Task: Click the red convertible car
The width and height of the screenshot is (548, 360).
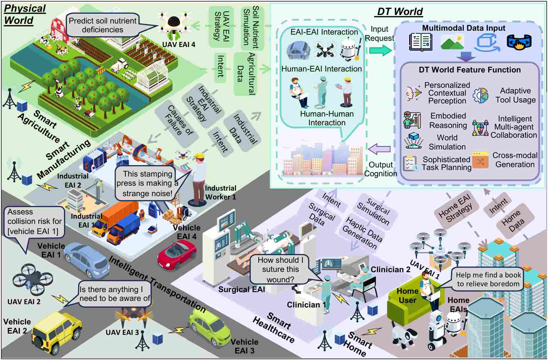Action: click(x=177, y=254)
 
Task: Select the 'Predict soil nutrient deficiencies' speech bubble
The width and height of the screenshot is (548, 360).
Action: click(x=103, y=25)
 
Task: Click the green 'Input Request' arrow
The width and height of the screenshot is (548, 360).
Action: click(x=380, y=50)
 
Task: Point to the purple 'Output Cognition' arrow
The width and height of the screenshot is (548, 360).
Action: click(x=379, y=149)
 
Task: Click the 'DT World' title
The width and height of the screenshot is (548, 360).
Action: click(x=400, y=12)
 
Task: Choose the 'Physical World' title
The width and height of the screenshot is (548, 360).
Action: click(x=24, y=14)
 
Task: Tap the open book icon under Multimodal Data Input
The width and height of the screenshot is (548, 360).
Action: click(x=421, y=42)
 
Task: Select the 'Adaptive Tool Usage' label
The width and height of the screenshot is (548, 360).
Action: click(x=515, y=95)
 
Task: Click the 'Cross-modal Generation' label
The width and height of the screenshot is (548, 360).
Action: click(x=515, y=160)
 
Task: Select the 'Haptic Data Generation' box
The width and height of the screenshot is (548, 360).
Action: click(x=362, y=232)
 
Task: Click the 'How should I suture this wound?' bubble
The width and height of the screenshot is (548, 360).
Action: click(x=280, y=270)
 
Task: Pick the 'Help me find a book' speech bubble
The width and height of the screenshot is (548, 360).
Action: click(x=488, y=279)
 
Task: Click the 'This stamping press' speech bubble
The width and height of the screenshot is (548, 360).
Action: click(x=147, y=183)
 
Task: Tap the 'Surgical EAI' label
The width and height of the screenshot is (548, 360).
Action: click(x=241, y=290)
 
